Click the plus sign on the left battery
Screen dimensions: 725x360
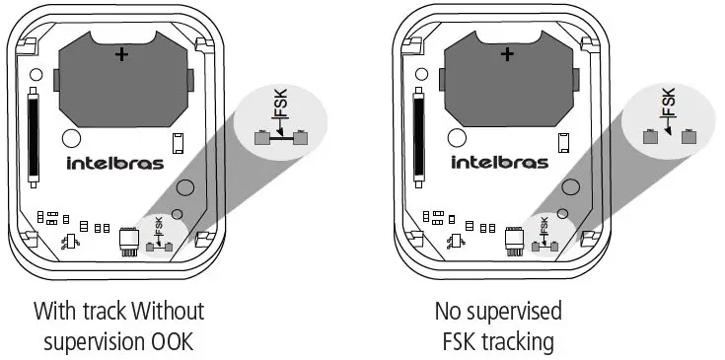pyautogui.click(x=120, y=56)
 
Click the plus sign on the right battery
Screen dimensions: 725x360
pyautogui.click(x=506, y=56)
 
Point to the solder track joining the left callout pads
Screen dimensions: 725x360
pyautogui.click(x=279, y=139)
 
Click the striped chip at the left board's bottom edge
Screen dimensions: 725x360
pyautogui.click(x=126, y=240)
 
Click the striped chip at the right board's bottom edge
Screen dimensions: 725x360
pyautogui.click(x=512, y=240)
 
